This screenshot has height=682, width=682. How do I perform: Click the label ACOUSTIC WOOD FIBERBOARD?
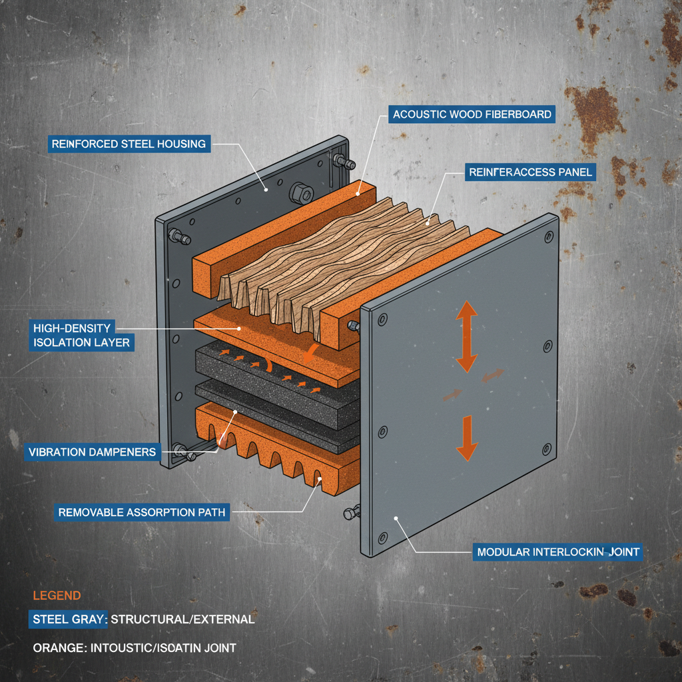point(472,115)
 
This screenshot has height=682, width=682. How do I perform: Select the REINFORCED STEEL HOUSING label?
point(129,144)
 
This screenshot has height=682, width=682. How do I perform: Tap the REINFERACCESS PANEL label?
point(530,172)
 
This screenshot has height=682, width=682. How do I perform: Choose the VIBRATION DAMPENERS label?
point(93,452)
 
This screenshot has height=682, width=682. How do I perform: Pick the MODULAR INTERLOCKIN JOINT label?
point(558,551)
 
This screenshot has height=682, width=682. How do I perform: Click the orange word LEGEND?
point(57,595)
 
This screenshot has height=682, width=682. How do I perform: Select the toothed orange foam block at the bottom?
point(280,453)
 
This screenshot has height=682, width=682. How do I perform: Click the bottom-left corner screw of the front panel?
point(382,537)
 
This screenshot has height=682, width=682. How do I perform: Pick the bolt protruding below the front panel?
point(350,513)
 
